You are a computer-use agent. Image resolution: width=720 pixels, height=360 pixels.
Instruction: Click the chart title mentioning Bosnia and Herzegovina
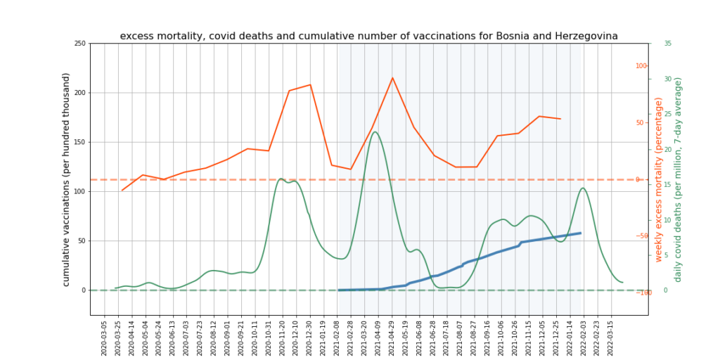tap(368, 36)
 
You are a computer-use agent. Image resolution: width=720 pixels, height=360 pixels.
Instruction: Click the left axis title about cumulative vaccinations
tap(66, 179)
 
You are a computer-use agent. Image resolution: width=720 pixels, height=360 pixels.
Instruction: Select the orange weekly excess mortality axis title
tap(659, 180)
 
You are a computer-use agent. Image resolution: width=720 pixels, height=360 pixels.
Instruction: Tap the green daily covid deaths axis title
tap(678, 180)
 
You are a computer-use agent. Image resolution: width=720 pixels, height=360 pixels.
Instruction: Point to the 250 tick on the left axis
tap(79, 44)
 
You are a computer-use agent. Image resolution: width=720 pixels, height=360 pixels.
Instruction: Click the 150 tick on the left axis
tap(79, 142)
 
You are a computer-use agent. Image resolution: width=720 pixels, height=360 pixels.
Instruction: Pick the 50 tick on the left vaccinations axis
tap(82, 240)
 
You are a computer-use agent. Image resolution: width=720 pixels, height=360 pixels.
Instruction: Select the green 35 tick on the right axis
tap(667, 44)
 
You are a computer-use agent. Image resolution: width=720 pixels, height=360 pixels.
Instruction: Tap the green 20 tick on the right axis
tap(667, 149)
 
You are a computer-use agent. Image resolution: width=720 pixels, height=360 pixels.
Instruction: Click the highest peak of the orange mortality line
tap(392, 78)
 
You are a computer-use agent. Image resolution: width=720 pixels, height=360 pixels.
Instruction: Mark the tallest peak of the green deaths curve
tap(374, 131)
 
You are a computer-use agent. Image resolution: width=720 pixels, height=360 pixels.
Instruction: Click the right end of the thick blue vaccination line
tap(580, 233)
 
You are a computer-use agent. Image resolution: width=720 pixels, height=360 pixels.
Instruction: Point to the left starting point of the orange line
tap(122, 191)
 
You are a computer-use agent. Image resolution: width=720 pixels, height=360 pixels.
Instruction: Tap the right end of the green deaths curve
tap(623, 283)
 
